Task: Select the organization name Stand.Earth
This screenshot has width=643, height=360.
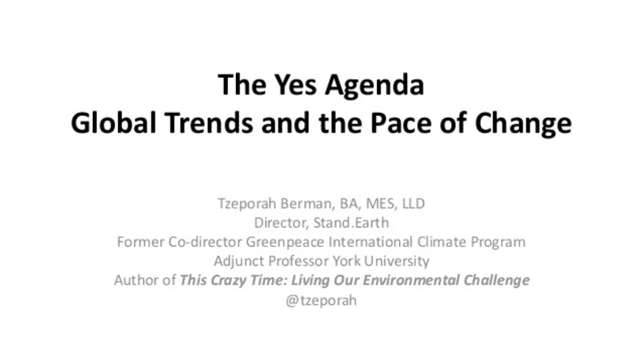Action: pos(351,223)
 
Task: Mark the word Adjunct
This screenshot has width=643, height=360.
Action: pos(239,261)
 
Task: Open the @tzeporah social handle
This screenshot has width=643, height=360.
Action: pos(321,300)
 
